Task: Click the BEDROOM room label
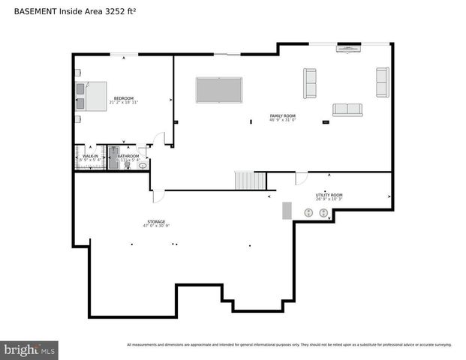click(124, 97)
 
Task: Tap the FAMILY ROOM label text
click(283, 115)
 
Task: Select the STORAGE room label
click(156, 222)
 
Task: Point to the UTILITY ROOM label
click(329, 195)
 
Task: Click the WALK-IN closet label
click(90, 156)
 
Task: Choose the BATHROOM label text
click(128, 156)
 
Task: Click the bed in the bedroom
click(91, 97)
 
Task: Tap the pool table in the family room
click(218, 89)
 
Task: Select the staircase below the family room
click(251, 181)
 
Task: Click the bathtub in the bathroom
click(115, 158)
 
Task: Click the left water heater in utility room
click(308, 213)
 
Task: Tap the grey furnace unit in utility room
click(287, 210)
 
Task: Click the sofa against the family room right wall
click(383, 82)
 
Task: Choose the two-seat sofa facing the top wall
click(347, 109)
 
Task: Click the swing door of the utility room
click(301, 178)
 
